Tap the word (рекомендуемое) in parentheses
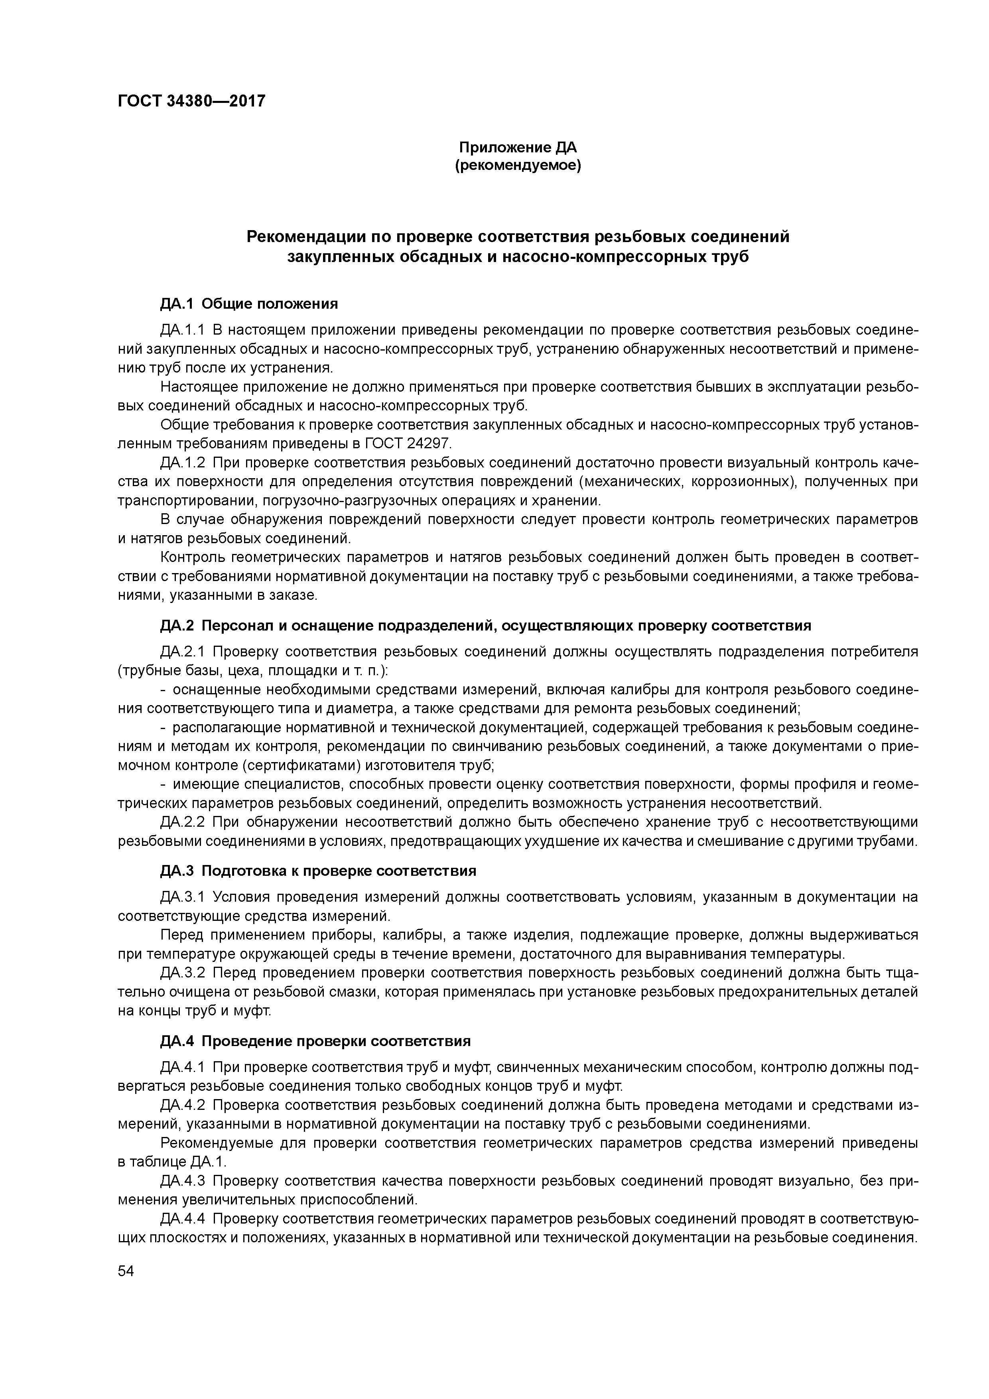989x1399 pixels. point(518,166)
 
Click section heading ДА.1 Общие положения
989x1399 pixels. point(248,303)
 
